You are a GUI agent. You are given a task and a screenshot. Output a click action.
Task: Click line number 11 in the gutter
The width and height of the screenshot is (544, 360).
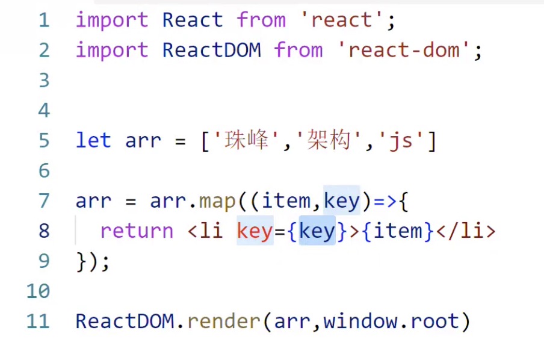[37, 321]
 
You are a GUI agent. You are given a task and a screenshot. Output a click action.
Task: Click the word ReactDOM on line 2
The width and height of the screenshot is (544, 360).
[211, 50]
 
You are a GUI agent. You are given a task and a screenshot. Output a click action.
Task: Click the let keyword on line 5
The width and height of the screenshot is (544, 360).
[93, 141]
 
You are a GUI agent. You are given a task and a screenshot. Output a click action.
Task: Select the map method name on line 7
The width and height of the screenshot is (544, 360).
[217, 200]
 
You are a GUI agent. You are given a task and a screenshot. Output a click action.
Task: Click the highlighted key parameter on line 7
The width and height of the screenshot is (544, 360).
[341, 200]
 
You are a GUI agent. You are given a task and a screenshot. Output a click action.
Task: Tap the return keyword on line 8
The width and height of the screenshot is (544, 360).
[137, 231]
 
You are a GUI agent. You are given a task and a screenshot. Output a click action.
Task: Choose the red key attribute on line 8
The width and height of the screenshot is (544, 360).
[255, 231]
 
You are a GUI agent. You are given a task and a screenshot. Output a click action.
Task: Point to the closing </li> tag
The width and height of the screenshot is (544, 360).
[465, 231]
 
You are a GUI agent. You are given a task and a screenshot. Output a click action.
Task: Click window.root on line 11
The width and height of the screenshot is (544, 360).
[391, 321]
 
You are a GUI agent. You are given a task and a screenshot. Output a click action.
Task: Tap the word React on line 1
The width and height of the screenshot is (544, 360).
[193, 20]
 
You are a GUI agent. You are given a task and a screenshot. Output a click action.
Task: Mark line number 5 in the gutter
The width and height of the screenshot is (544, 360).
[43, 141]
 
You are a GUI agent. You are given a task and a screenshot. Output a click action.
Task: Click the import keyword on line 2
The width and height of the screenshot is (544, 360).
[112, 50]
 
